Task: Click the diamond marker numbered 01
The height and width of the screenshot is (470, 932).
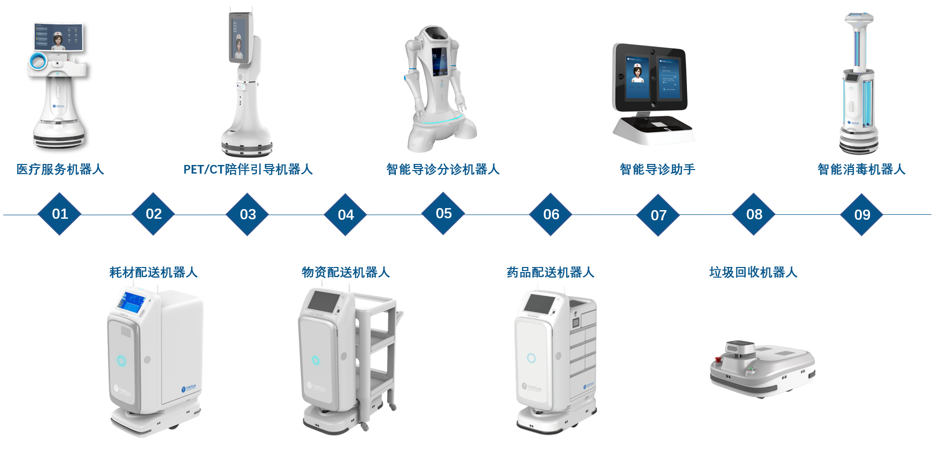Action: (60, 214)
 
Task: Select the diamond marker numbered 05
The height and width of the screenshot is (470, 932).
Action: (444, 213)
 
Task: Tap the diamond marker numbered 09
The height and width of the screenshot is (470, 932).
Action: (862, 215)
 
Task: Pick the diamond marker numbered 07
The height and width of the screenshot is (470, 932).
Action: (659, 215)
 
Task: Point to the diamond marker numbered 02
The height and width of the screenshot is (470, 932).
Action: (153, 214)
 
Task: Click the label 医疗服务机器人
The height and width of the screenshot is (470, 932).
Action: (60, 170)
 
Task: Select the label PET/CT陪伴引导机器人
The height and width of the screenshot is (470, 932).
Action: (247, 170)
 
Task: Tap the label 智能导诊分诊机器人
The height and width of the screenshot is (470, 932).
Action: (443, 170)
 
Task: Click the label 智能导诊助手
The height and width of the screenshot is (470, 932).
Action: (657, 170)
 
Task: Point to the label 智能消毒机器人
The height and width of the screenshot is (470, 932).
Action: (861, 170)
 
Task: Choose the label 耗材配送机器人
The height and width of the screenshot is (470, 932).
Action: (153, 273)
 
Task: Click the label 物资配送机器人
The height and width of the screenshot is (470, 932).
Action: (346, 273)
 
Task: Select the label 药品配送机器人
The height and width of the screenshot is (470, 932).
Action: (550, 273)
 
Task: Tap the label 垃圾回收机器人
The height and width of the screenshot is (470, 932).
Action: (753, 273)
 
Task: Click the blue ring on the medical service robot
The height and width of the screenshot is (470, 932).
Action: (37, 61)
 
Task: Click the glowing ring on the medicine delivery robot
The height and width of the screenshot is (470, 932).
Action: (531, 358)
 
